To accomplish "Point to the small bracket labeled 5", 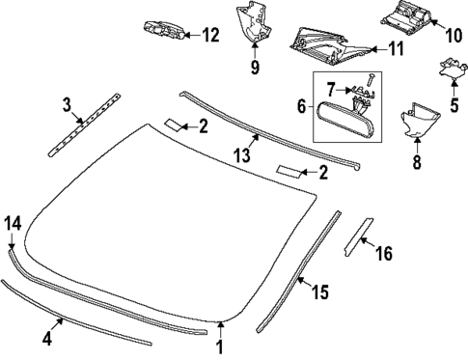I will pyautogui.click(x=449, y=69).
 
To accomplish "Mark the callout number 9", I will pyautogui.click(x=256, y=68).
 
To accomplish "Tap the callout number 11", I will pyautogui.click(x=396, y=48).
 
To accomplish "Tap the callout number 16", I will pyautogui.click(x=383, y=254).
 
